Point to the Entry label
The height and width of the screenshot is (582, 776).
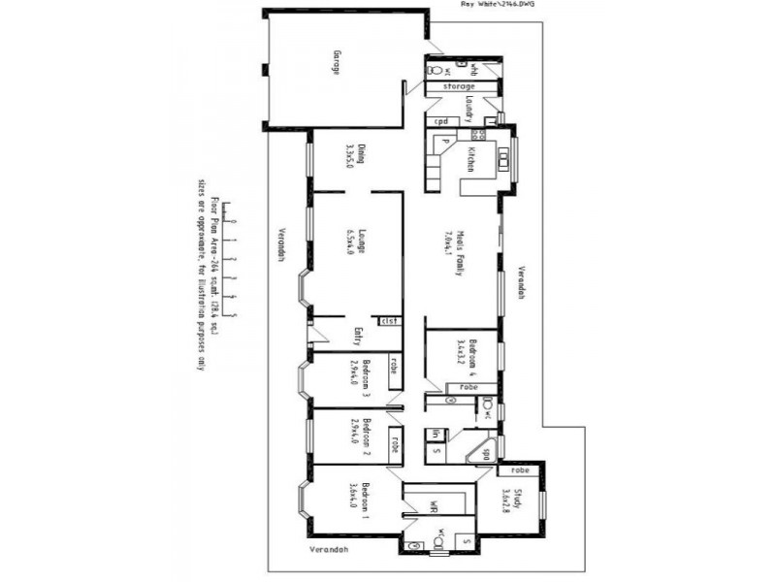[358, 336]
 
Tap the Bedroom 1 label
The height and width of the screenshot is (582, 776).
[365, 501]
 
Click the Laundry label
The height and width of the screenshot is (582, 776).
[468, 107]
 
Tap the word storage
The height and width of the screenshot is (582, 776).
[459, 86]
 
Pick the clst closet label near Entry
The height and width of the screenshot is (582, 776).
[389, 320]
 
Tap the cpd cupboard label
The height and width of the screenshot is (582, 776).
[440, 121]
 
